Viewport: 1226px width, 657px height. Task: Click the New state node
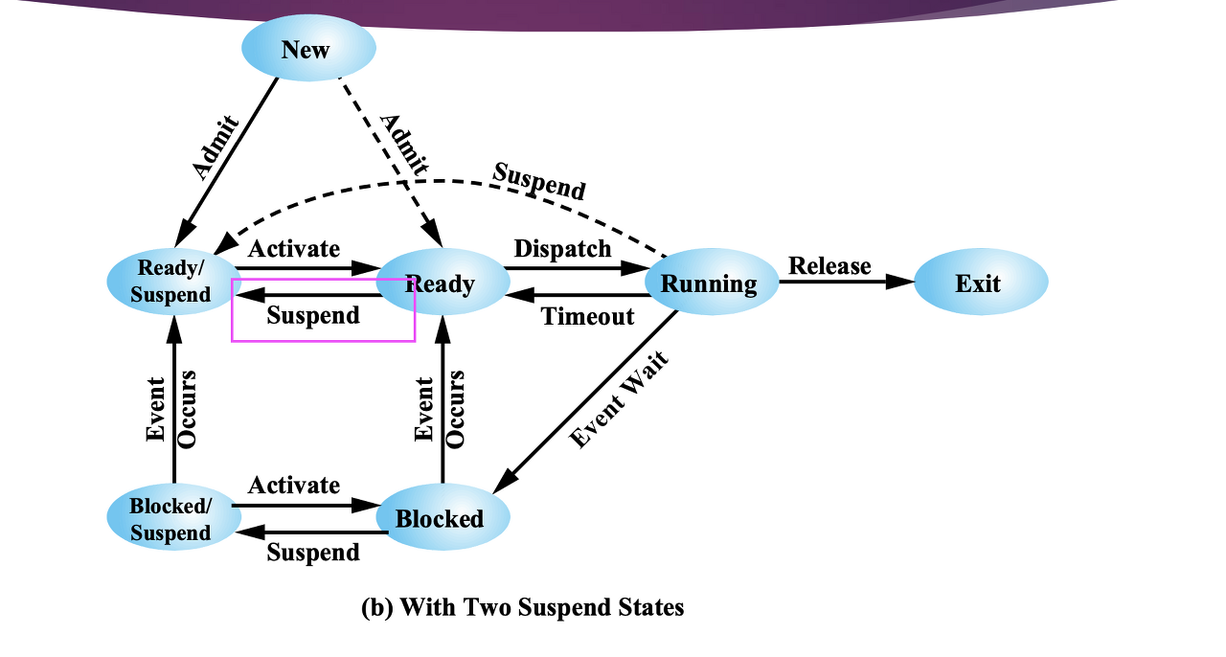(307, 49)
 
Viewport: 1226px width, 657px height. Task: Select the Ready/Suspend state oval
(171, 281)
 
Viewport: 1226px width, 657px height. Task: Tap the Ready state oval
(442, 283)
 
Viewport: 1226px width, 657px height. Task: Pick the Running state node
(710, 283)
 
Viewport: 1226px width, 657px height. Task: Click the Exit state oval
(979, 283)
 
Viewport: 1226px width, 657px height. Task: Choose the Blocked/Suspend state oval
(171, 518)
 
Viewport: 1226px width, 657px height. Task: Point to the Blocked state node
(441, 519)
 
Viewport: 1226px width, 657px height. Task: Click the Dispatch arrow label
(562, 249)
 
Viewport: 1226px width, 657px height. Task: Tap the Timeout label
(588, 316)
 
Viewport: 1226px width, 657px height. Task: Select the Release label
(829, 265)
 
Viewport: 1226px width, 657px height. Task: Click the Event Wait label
(619, 400)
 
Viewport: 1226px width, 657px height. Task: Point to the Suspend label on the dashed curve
(539, 180)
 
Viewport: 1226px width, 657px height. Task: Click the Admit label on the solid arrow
(216, 147)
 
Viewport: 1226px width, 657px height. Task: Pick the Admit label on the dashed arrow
(403, 145)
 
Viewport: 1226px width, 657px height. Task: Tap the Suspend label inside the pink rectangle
(313, 315)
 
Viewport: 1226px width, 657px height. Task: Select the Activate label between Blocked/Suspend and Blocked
(294, 486)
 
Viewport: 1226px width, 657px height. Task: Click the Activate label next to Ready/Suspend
(294, 249)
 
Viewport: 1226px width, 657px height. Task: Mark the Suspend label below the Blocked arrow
(313, 553)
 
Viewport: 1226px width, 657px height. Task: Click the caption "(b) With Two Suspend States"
(523, 607)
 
